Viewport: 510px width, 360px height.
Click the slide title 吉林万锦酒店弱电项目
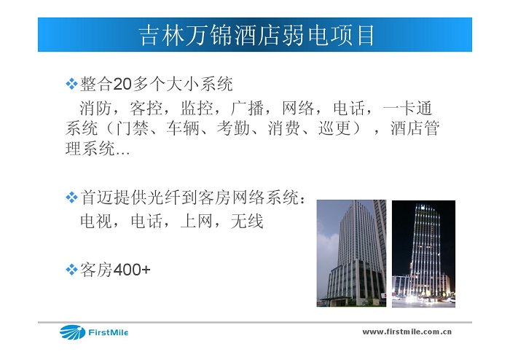[x=256, y=35]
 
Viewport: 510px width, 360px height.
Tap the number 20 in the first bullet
[x=122, y=84]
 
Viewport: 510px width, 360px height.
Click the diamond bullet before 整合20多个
[x=71, y=84]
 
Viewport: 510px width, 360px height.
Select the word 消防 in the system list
[x=95, y=108]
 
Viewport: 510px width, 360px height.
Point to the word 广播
[x=247, y=108]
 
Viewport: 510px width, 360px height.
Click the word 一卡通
[x=407, y=108]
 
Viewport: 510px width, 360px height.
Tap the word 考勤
[x=233, y=128]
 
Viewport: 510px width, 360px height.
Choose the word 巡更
[x=334, y=128]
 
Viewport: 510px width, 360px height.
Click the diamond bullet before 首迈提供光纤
[x=71, y=197]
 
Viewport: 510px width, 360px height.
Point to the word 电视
[x=96, y=221]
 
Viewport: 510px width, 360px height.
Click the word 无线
[x=247, y=221]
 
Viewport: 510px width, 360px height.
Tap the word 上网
[x=197, y=221]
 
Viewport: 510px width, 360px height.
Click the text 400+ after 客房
[x=132, y=270]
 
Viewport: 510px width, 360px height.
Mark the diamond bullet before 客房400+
[x=71, y=270]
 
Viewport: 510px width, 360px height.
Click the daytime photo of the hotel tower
[x=352, y=254]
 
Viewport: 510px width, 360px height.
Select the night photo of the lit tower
[x=423, y=254]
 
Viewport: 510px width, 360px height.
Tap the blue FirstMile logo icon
[x=72, y=332]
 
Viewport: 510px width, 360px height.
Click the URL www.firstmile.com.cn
[x=407, y=332]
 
